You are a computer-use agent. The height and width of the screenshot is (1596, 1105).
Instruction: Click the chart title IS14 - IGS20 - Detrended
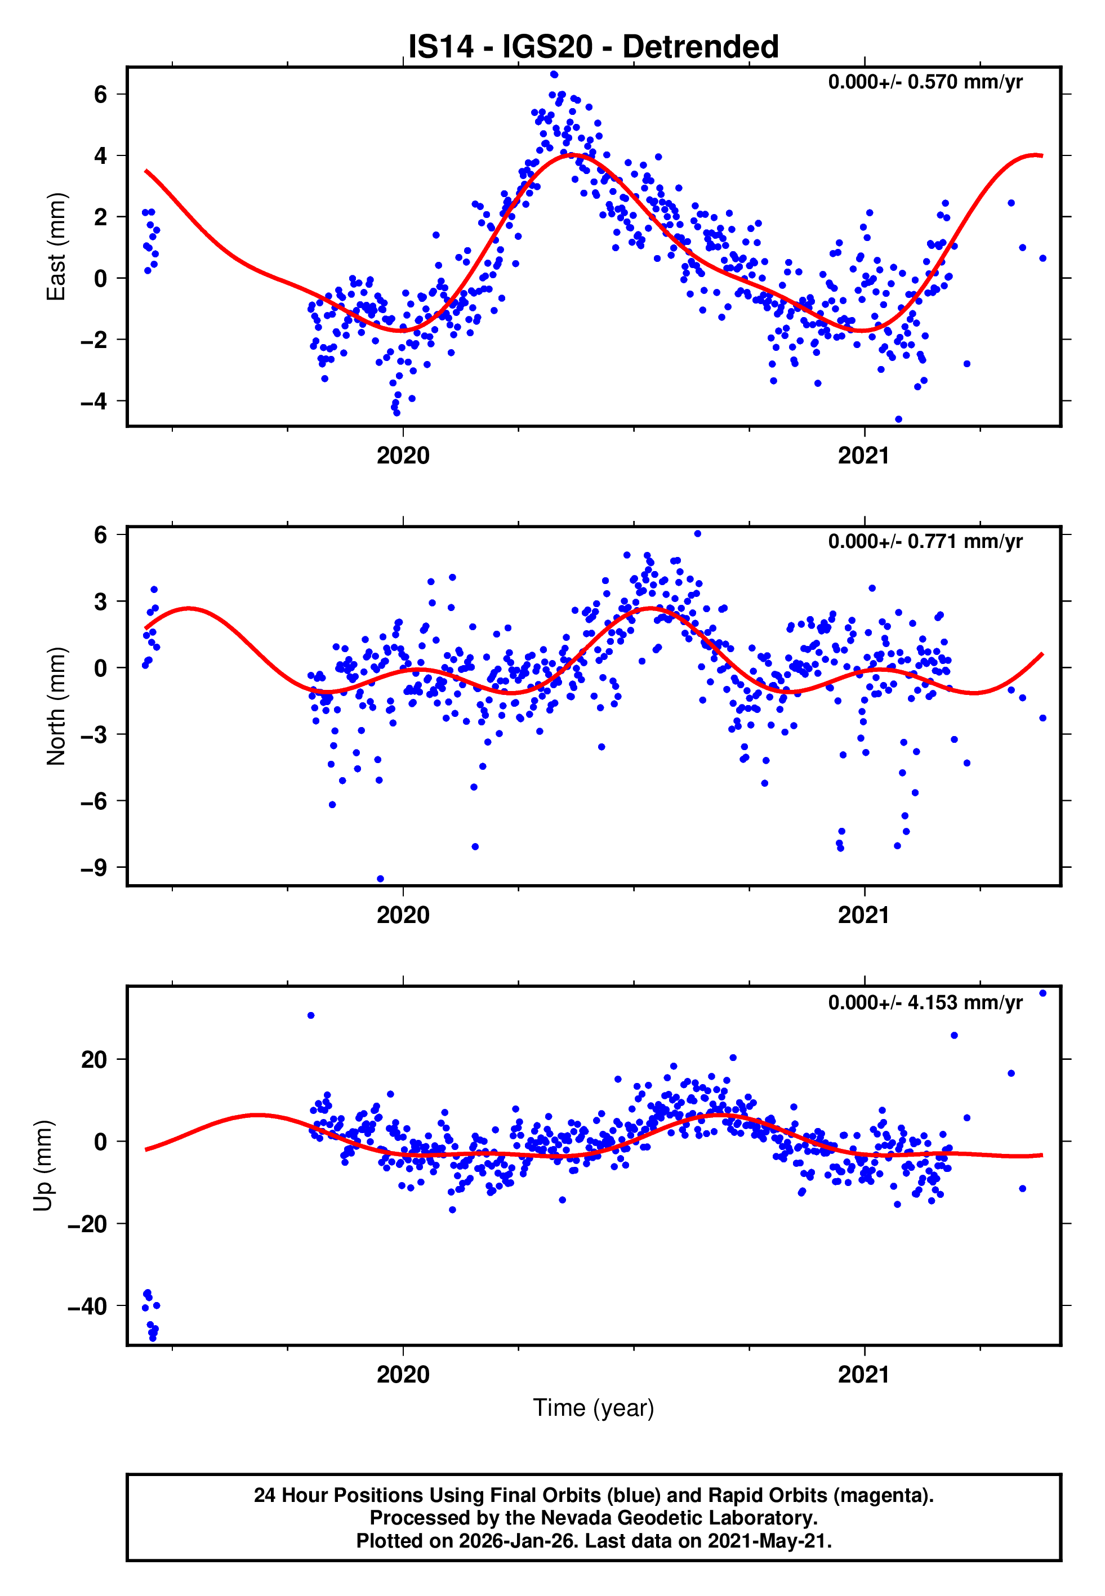(594, 47)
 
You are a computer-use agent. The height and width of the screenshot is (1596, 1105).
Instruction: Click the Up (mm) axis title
(43, 1166)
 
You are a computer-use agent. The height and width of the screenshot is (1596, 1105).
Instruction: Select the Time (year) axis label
(594, 1408)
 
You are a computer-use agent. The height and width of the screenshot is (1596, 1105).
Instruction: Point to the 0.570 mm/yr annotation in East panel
(925, 82)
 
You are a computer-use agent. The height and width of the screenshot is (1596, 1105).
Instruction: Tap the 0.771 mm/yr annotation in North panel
(925, 541)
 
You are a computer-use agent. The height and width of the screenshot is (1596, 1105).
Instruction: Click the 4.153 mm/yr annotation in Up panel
(925, 1002)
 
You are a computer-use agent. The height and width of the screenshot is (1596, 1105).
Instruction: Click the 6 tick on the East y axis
(101, 94)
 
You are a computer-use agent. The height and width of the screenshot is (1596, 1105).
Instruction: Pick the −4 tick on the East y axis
(94, 402)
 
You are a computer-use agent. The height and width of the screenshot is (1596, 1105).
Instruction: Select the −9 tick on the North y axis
(94, 867)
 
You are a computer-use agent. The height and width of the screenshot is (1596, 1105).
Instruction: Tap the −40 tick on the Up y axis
(87, 1306)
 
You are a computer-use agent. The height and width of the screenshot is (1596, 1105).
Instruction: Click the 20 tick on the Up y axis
(94, 1060)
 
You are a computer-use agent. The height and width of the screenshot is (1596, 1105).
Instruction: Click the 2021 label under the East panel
(863, 456)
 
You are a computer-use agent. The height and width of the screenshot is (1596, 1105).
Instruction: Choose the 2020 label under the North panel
(403, 915)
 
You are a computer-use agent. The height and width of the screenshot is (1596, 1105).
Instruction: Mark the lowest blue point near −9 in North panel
(380, 879)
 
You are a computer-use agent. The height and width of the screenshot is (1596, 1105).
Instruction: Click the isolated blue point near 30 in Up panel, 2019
(311, 1015)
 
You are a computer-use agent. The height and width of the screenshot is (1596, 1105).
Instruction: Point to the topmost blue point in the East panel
(554, 74)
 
